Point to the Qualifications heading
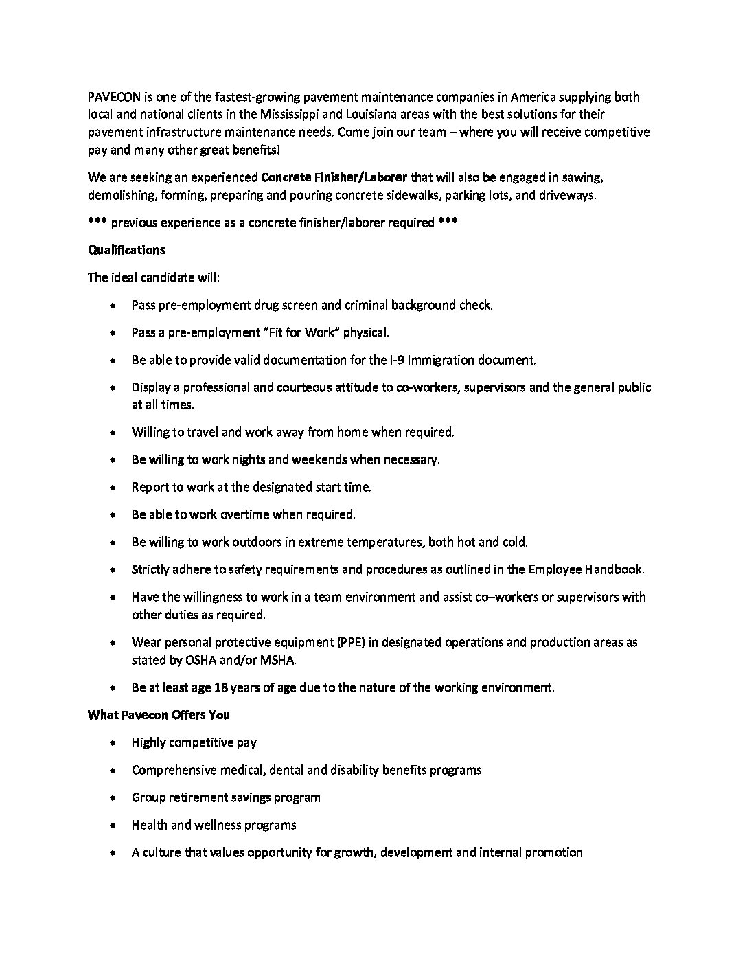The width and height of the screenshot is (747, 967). (x=126, y=250)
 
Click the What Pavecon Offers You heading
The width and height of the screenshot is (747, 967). (x=159, y=714)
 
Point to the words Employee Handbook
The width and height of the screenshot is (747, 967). (x=586, y=569)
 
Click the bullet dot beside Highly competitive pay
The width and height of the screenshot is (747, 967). (x=113, y=742)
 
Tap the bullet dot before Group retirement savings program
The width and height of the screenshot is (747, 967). (x=113, y=798)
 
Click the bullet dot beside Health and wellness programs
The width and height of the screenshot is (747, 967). (x=113, y=826)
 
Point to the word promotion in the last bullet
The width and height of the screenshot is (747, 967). (x=553, y=853)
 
